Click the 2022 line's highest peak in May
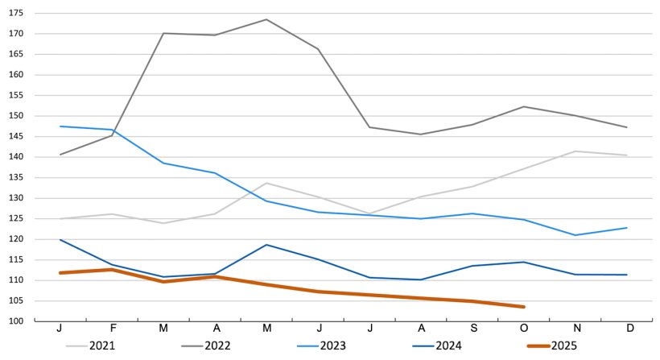[266, 19]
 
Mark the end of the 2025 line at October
[524, 307]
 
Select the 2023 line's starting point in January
[60, 126]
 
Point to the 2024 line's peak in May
[266, 245]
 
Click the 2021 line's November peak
[575, 151]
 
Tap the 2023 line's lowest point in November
[575, 235]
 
